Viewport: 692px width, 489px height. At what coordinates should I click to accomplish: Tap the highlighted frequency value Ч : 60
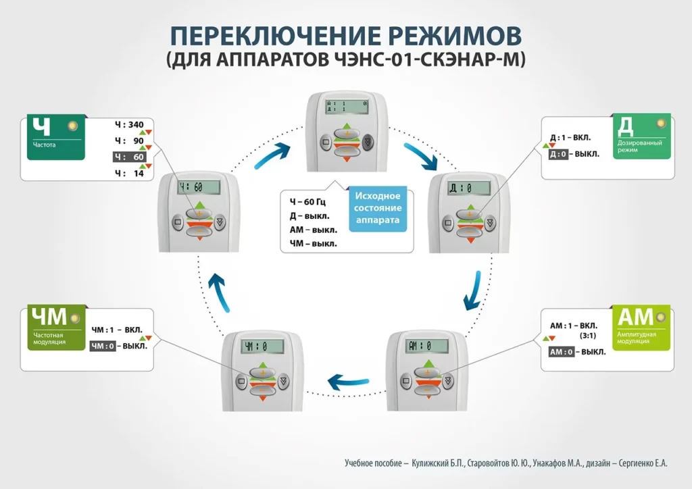(130, 157)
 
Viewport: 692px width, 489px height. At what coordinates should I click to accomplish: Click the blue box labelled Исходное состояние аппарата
(378, 208)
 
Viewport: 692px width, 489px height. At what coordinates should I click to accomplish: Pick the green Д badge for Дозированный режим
(643, 137)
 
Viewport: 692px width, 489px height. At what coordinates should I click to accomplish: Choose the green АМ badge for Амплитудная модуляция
(642, 328)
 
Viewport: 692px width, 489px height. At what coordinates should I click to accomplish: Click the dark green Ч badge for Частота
(56, 137)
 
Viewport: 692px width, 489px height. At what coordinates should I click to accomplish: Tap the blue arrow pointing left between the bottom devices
(348, 382)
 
